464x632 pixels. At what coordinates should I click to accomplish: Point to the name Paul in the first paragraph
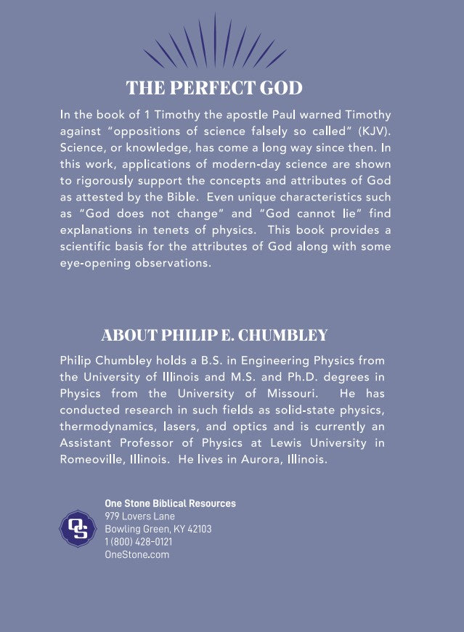pos(305,114)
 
